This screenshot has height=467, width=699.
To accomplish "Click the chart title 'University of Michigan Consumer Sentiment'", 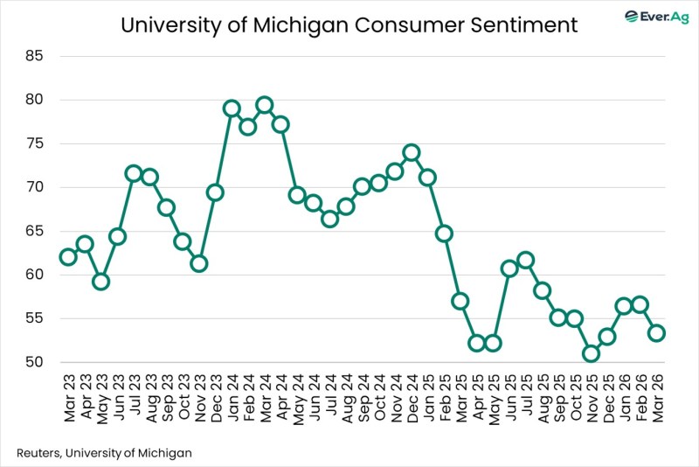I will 349,25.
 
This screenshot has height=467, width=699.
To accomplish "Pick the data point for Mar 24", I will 264,105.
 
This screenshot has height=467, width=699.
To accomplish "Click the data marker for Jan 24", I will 232,108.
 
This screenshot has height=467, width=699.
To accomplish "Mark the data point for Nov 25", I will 591,353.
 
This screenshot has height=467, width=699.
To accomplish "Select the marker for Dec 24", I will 411,152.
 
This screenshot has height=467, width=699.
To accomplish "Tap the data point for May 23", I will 100,282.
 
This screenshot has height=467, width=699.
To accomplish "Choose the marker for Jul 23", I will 134,173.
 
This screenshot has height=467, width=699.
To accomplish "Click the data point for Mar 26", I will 656,333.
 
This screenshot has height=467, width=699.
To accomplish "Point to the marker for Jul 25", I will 525,260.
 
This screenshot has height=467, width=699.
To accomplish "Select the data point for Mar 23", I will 68,257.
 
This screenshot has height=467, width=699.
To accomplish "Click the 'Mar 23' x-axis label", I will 68,399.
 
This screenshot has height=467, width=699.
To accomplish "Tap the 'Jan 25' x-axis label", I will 427,399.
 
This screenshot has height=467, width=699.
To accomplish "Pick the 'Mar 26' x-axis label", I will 656,399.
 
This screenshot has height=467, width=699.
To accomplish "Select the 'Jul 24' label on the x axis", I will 329,399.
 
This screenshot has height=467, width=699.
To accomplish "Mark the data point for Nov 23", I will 199,263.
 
